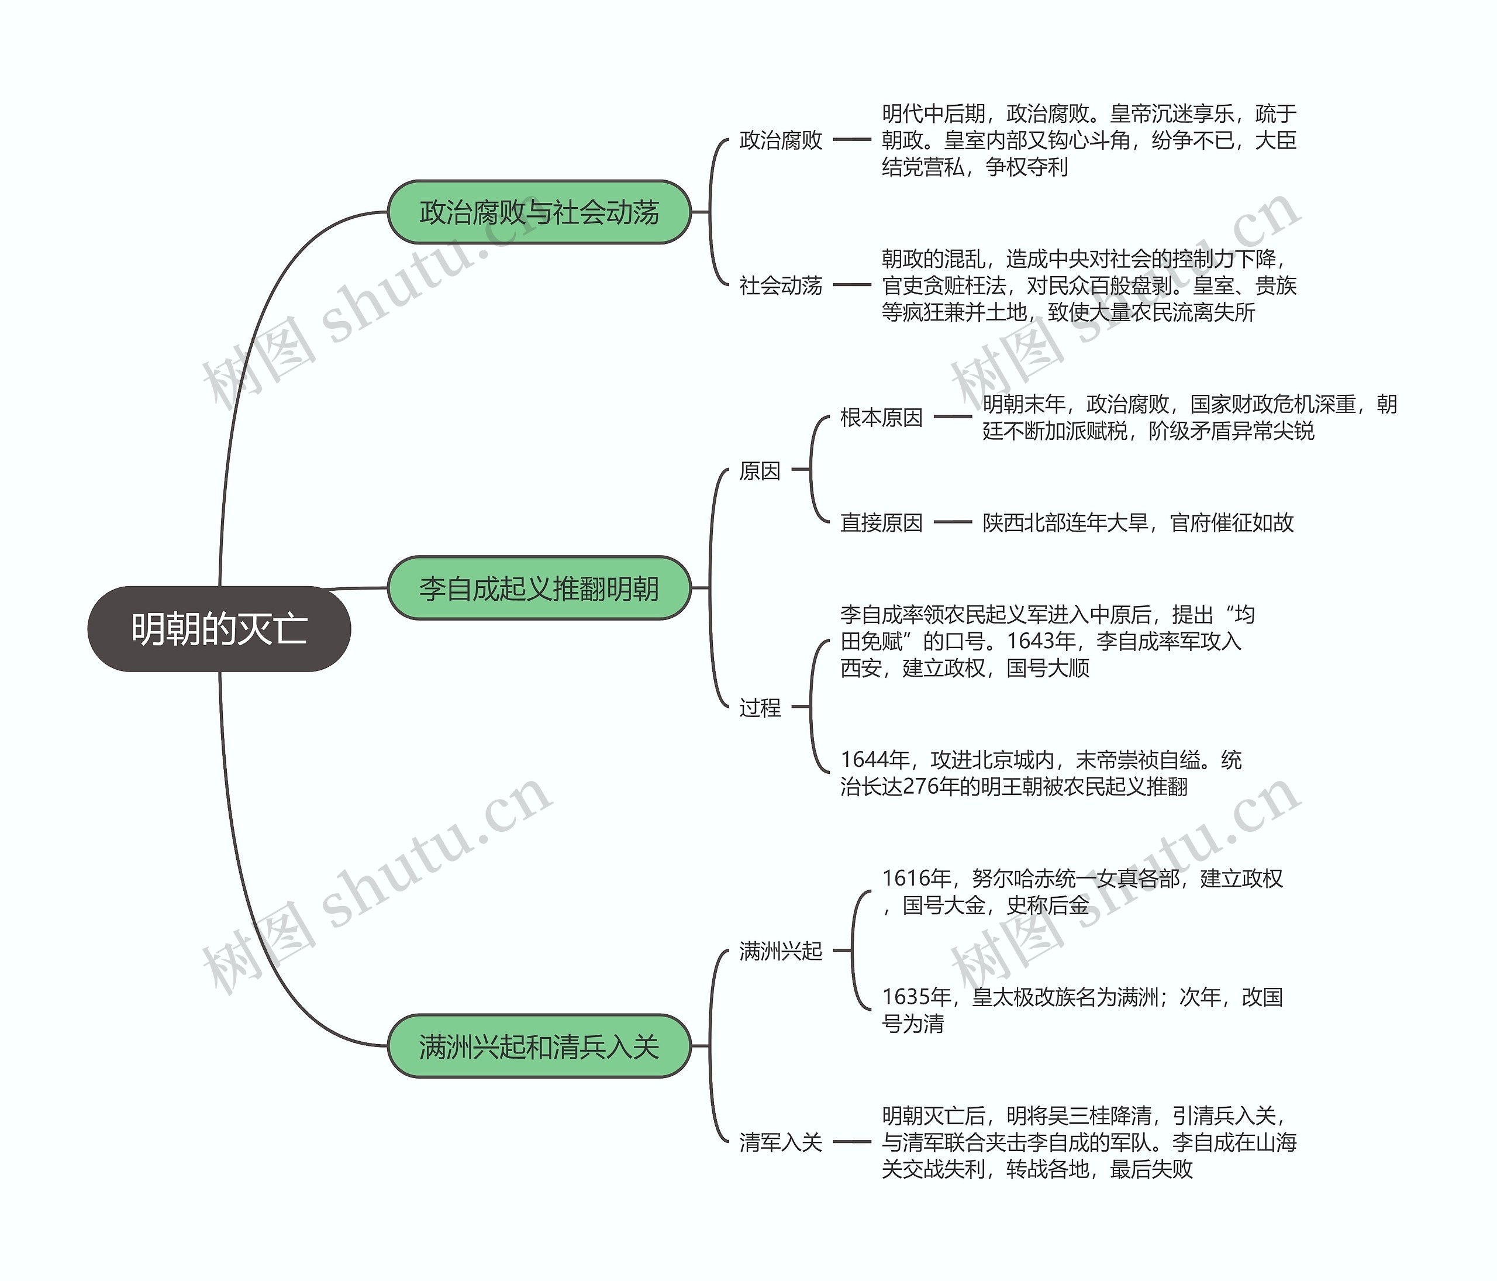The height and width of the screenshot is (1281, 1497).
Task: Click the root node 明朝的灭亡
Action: [x=219, y=629]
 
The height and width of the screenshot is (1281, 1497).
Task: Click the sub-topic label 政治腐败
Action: [x=780, y=140]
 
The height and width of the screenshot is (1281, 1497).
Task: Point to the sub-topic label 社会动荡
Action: [x=780, y=285]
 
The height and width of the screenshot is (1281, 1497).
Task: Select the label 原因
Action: [x=760, y=471]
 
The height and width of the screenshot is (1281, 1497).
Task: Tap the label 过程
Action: [x=760, y=707]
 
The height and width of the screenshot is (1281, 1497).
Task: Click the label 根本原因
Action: [x=881, y=418]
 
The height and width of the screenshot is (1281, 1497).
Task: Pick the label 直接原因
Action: [x=881, y=522]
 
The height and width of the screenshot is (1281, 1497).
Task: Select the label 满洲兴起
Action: [x=780, y=951]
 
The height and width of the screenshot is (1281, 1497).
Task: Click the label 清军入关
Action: [x=780, y=1142]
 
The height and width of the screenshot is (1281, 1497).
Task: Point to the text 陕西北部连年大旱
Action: [x=1065, y=522]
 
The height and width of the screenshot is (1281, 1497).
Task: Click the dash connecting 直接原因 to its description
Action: [x=953, y=522]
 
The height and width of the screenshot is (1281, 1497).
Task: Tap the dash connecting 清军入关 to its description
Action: [x=852, y=1142]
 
